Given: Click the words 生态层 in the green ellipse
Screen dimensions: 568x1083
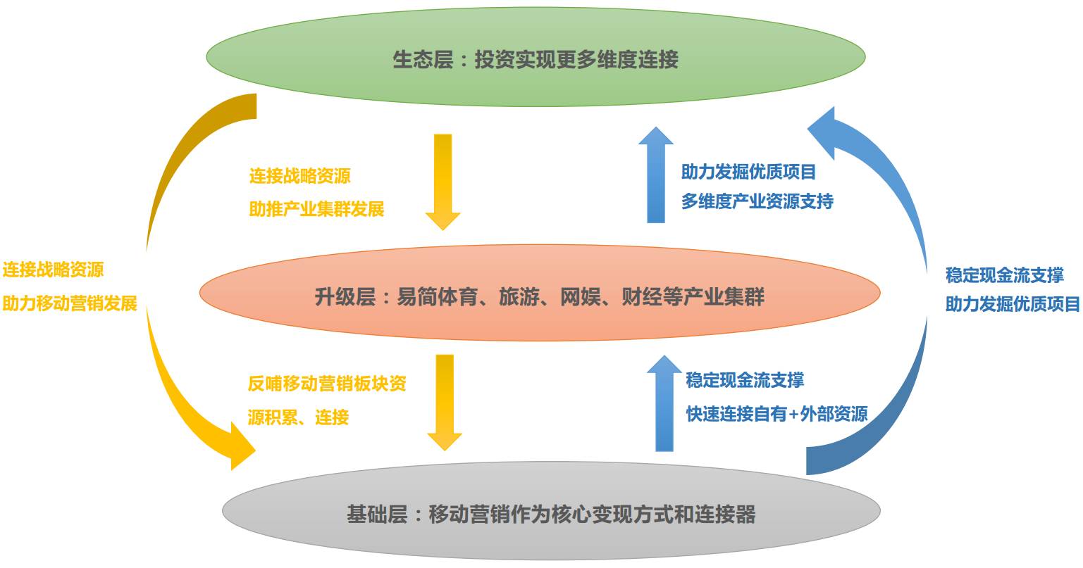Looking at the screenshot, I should point(423,60).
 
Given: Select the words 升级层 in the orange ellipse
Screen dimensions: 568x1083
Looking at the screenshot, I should point(345,297).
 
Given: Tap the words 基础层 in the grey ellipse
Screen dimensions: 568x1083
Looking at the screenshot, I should point(377,515).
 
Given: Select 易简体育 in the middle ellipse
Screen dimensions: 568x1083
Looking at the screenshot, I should point(438,297).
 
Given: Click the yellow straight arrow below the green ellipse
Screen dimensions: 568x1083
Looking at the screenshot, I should point(443,179).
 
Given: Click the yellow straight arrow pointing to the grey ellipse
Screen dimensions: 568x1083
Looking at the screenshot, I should point(445,401).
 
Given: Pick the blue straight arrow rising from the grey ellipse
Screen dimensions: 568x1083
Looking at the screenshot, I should point(664,403).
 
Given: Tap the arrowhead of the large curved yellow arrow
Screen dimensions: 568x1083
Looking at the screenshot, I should point(240,446).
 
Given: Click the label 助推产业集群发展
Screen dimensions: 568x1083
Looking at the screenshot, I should point(316,209).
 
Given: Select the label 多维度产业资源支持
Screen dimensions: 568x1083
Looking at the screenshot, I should point(757,202).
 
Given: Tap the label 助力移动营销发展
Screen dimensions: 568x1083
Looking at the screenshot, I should point(70,303).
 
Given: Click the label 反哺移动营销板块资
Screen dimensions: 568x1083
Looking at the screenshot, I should point(327,384).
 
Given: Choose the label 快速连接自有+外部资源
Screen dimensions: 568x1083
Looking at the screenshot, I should point(776,414).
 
